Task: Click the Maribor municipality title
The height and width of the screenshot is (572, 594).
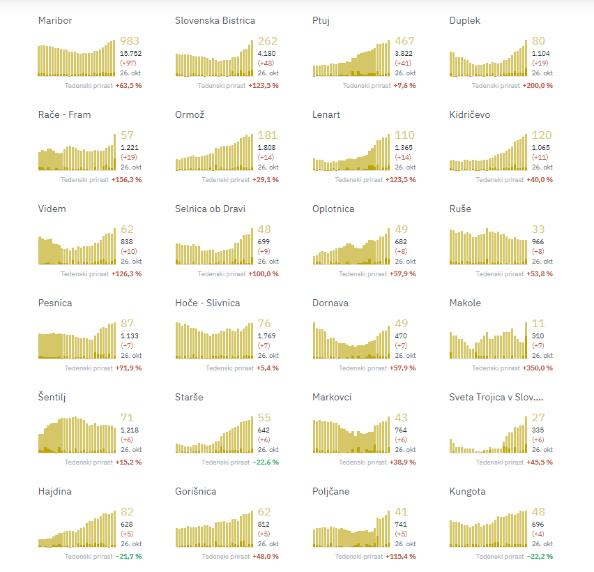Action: pos(55,21)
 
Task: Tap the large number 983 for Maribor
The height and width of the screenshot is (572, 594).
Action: pos(130,41)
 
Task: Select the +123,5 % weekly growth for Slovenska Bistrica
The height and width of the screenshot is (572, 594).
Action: pos(264,86)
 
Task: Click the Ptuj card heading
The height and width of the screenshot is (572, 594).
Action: pos(321,21)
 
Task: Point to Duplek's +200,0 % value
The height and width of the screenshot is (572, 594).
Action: pos(538,86)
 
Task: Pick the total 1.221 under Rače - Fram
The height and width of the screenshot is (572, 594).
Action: pos(129,148)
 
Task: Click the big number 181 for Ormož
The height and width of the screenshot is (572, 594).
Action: pos(267,135)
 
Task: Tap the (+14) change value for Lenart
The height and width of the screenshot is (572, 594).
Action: pos(402,157)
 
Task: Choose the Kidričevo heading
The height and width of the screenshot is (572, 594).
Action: pos(470,115)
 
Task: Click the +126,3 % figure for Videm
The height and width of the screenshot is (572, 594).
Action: pos(126,274)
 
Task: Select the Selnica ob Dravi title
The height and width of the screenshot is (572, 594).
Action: pos(210,209)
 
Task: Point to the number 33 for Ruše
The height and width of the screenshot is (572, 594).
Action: pos(538,229)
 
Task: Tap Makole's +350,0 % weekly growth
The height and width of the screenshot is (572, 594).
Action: pos(538,368)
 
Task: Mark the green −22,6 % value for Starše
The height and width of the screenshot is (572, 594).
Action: pos(265,462)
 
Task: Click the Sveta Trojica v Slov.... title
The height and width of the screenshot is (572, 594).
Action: pos(496,398)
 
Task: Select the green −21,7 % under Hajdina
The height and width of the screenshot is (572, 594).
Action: pos(128,557)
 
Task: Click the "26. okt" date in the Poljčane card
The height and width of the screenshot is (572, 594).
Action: pos(405,544)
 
